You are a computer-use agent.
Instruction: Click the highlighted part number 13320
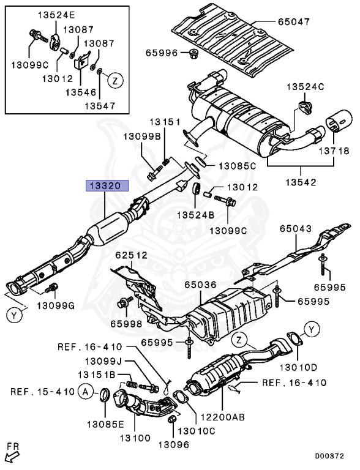point(107,186)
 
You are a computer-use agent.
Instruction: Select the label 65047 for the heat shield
point(293,22)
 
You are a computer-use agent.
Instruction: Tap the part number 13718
point(334,151)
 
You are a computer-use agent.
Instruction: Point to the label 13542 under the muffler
point(301,182)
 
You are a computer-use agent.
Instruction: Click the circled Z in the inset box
point(116,80)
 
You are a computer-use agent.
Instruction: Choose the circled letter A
point(86,392)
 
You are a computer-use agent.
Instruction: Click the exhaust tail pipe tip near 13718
point(339,121)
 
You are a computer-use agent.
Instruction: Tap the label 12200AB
point(222,417)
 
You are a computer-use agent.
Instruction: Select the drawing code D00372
point(329,456)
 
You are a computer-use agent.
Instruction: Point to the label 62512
point(132,255)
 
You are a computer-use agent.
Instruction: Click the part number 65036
point(200,285)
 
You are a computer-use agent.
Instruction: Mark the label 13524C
point(306,87)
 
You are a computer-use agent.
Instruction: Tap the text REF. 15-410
point(42,392)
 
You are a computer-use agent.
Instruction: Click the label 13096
point(174,444)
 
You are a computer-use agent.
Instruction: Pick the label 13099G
point(56,306)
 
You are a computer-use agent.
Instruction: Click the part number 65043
point(296,229)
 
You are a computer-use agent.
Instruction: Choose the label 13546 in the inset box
point(81,92)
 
